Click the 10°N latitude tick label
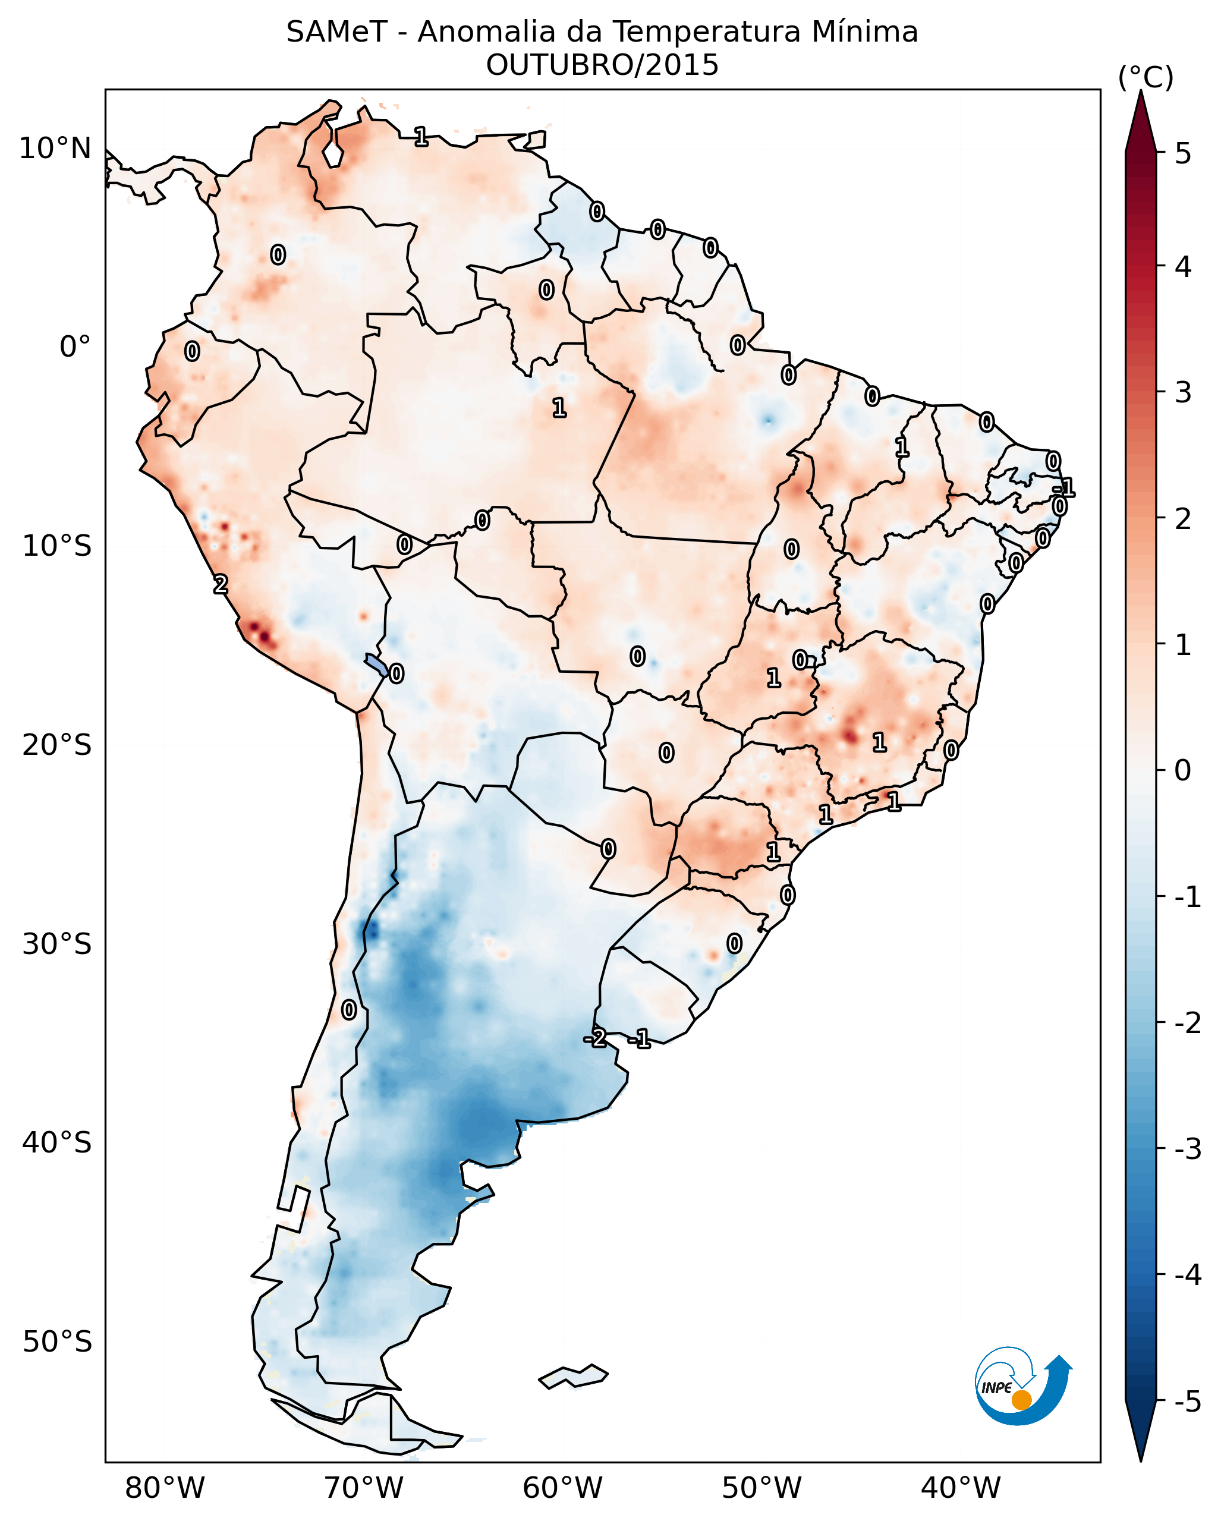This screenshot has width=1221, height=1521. (x=55, y=149)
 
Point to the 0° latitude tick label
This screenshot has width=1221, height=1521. (x=75, y=347)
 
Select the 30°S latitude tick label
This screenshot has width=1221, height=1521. (x=56, y=944)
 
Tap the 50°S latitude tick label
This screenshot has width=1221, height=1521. (x=56, y=1342)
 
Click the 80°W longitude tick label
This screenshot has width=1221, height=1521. (x=164, y=1488)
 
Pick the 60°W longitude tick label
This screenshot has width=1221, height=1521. (x=562, y=1488)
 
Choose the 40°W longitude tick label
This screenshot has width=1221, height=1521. (x=960, y=1488)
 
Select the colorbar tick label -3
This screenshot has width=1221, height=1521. (x=1187, y=1149)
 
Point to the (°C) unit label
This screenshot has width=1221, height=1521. (x=1146, y=78)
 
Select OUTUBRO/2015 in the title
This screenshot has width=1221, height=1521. (x=602, y=65)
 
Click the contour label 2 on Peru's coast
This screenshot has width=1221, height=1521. (x=221, y=584)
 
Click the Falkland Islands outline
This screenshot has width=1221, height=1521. (x=573, y=1377)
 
